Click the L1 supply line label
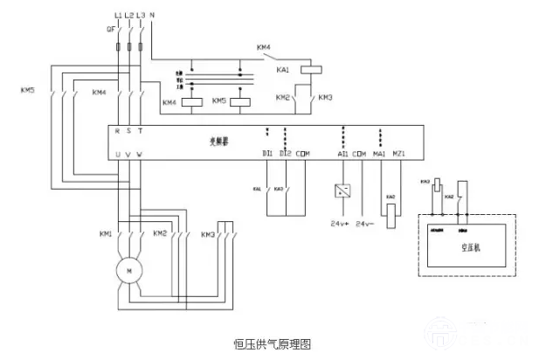[x=118, y=16]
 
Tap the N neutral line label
[x=153, y=16]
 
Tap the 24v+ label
[x=339, y=224]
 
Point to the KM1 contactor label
[x=106, y=234]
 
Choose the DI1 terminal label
[x=267, y=154]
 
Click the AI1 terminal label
[x=342, y=154]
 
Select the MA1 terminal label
[x=379, y=154]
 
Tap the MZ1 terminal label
[x=399, y=154]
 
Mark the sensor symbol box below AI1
[x=342, y=190]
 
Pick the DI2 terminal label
[x=285, y=154]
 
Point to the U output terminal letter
[x=118, y=154]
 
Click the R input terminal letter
[x=118, y=131]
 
